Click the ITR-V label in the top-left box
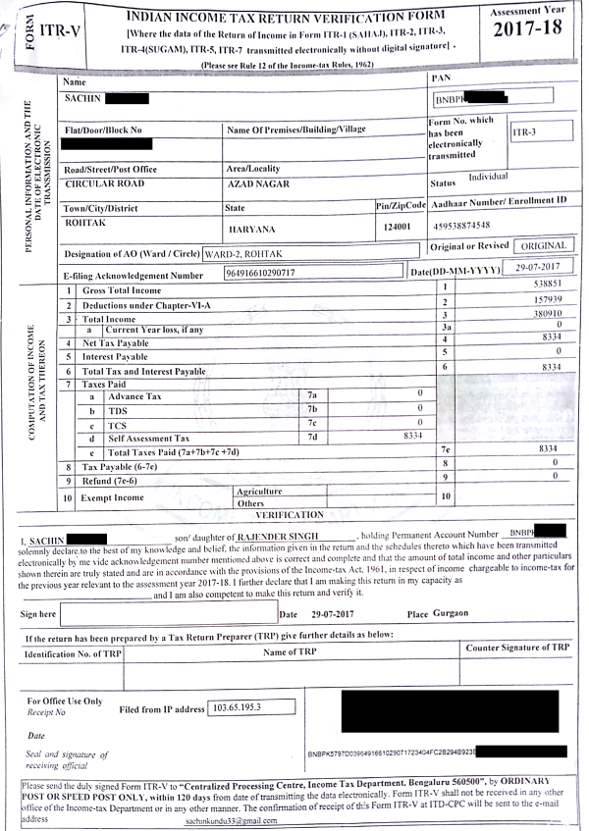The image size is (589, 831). [59, 32]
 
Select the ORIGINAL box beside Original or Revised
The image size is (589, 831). [542, 245]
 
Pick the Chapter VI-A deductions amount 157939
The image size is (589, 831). [544, 300]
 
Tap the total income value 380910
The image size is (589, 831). [544, 315]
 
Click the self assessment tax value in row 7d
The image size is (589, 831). [412, 436]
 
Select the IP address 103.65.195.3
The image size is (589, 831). [241, 707]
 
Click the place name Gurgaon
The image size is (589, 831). [453, 613]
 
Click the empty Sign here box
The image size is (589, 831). [167, 614]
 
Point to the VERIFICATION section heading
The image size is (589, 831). [289, 514]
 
